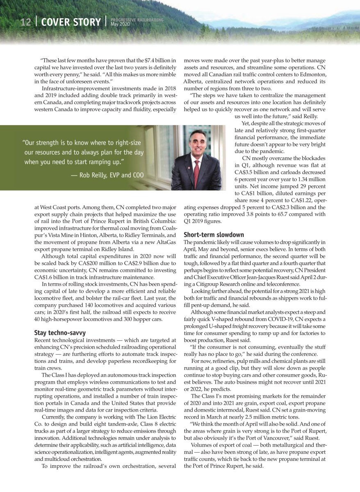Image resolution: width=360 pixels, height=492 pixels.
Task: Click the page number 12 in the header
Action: [25, 23]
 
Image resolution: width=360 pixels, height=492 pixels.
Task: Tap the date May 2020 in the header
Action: [120, 24]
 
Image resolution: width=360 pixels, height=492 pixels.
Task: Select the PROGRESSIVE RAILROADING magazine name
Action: [137, 20]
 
